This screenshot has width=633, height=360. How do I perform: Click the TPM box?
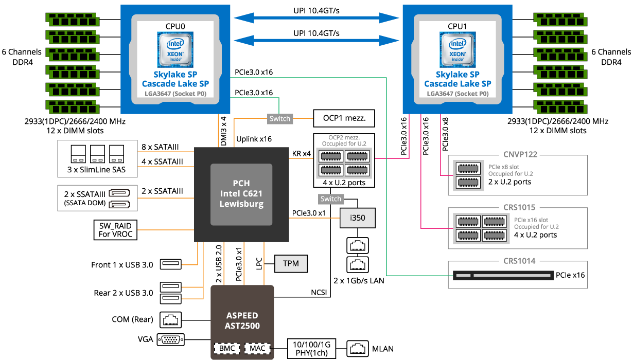tap(291, 264)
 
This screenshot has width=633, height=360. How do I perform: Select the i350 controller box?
tap(358, 218)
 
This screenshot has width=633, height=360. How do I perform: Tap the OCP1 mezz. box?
tap(344, 118)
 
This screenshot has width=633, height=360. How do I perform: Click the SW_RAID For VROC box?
tap(115, 230)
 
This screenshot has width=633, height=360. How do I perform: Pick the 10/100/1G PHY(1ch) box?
tap(311, 349)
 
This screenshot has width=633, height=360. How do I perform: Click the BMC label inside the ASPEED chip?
tap(227, 348)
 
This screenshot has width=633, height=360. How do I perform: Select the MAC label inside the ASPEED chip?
tap(257, 348)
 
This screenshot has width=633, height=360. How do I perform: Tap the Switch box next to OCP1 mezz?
tap(280, 119)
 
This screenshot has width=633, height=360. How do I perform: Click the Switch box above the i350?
tap(331, 199)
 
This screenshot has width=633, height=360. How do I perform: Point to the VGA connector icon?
tap(171, 339)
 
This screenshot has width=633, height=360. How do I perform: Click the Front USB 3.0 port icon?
tap(171, 264)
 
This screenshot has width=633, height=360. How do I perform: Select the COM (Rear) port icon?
tap(171, 320)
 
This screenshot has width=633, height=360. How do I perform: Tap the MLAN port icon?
tap(358, 349)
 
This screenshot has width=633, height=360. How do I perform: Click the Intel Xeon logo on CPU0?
tap(175, 50)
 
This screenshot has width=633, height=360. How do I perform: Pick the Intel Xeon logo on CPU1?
tap(458, 50)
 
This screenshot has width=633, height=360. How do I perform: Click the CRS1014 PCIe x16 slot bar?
tap(503, 275)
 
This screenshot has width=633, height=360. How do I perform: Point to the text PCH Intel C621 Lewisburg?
tap(241, 194)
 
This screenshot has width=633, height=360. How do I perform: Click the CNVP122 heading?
tap(520, 154)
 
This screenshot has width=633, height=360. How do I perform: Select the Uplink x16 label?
tap(254, 139)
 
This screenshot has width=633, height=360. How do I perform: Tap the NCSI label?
tap(319, 293)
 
